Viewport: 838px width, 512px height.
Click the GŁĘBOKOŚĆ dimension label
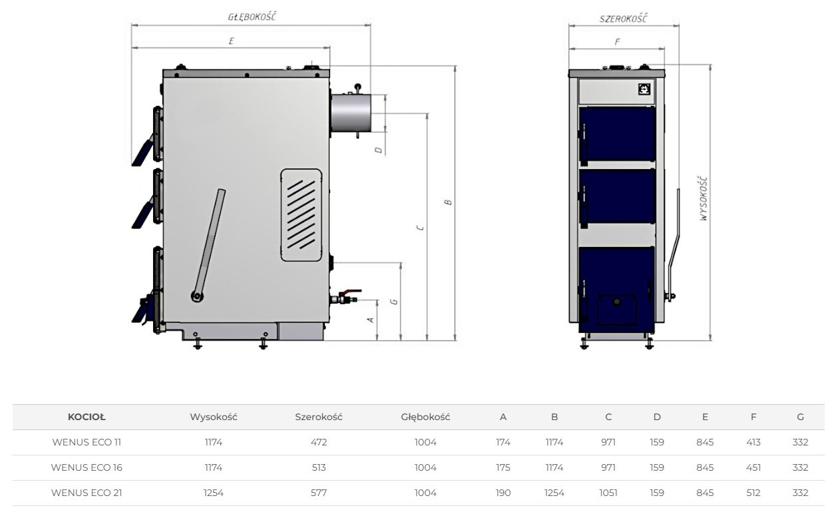click(252, 17)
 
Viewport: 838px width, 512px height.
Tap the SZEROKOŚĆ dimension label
click(623, 19)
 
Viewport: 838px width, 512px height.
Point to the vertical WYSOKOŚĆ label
click(704, 198)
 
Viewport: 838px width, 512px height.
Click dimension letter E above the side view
click(231, 41)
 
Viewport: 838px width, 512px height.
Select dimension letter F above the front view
click(617, 42)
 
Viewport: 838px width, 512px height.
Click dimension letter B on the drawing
click(448, 202)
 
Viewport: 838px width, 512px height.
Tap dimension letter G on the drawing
click(394, 302)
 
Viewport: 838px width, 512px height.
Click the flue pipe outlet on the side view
click(351, 113)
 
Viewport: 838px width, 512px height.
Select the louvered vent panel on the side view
click(301, 215)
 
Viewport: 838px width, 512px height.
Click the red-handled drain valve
click(345, 297)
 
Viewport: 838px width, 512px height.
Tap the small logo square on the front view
click(644, 89)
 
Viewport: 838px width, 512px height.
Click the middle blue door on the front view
click(617, 197)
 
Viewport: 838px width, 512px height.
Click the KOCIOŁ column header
click(87, 417)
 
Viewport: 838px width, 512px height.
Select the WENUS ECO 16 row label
click(87, 467)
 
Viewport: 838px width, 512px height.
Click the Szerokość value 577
click(319, 493)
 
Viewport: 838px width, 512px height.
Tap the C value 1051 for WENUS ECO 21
click(608, 493)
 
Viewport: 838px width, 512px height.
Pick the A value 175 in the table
click(503, 467)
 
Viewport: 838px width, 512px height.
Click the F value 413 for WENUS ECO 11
click(753, 442)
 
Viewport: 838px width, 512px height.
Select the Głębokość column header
click(425, 417)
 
